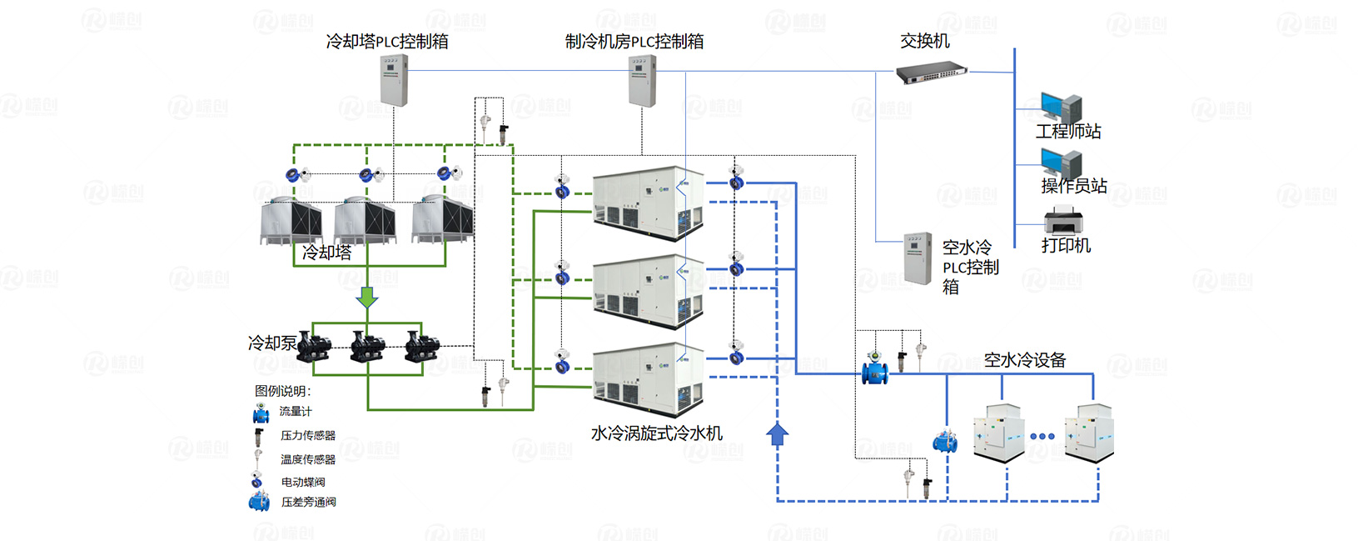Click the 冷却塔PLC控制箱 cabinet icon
click(x=394, y=80)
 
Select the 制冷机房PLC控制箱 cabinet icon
click(x=642, y=81)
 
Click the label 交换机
click(x=924, y=41)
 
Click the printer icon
click(x=1063, y=221)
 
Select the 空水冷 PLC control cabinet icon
click(x=918, y=258)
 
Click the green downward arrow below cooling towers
click(x=367, y=297)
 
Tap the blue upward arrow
click(x=777, y=434)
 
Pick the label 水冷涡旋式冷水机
click(x=656, y=433)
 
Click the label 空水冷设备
click(x=1024, y=360)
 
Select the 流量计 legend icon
click(x=261, y=413)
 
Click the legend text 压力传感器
click(x=307, y=435)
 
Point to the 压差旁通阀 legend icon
click(x=259, y=502)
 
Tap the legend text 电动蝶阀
click(x=303, y=482)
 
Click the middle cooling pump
click(x=367, y=346)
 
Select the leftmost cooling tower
click(x=291, y=220)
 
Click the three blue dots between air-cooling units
click(x=1042, y=436)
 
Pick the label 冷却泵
click(x=271, y=343)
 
